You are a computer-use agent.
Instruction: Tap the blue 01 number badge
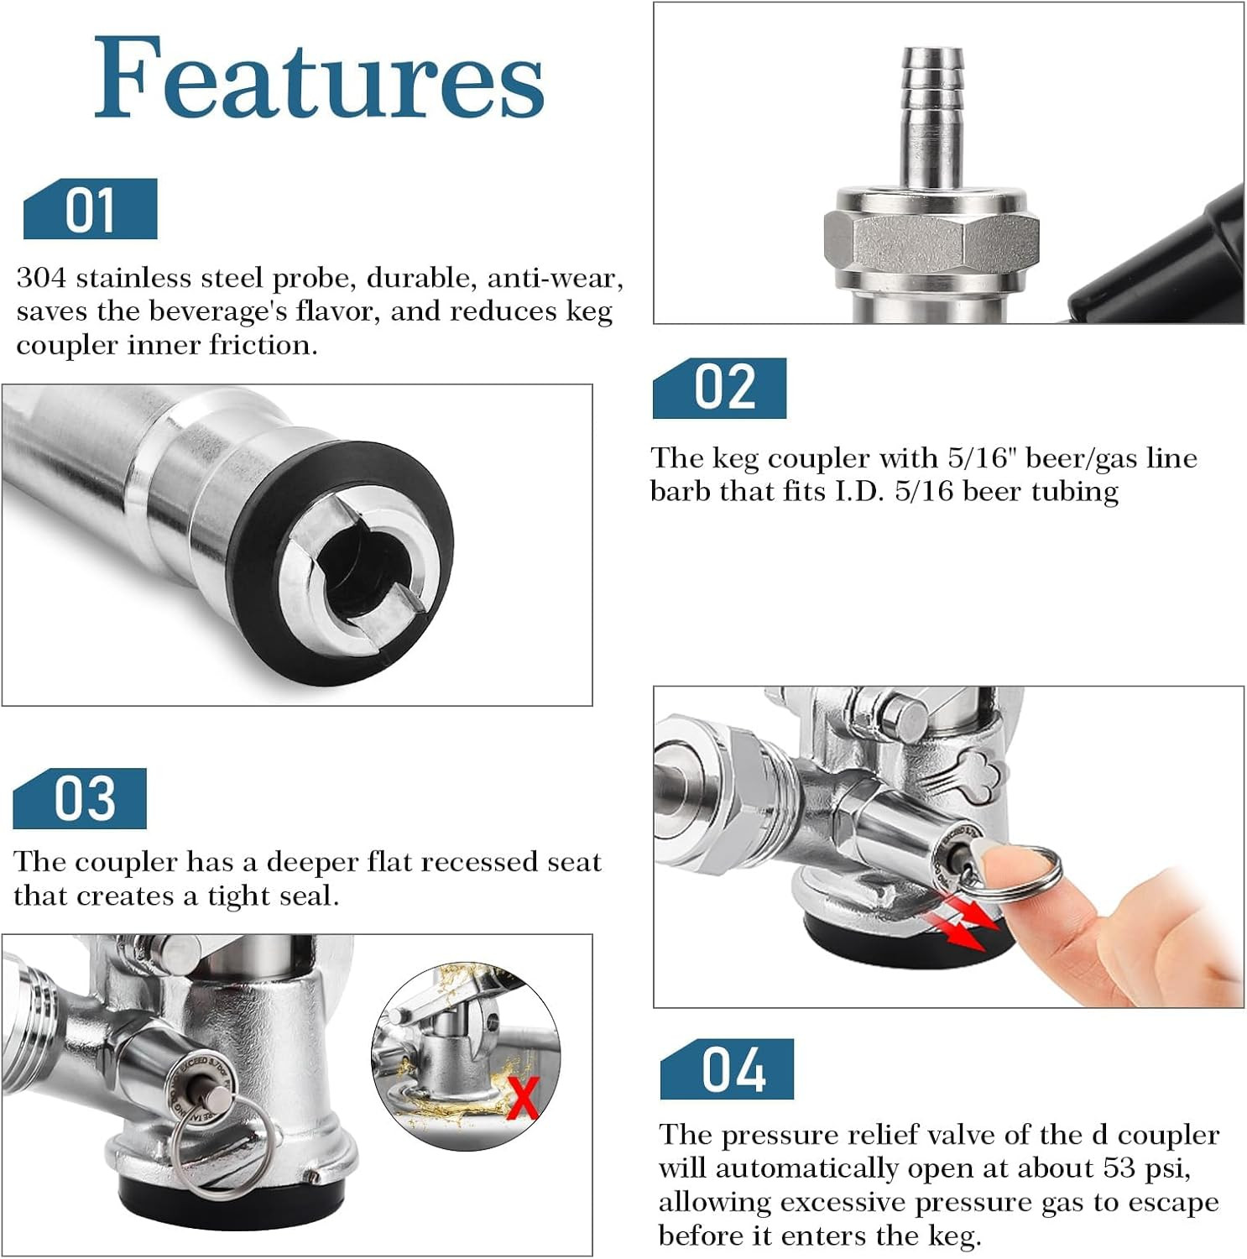click(90, 210)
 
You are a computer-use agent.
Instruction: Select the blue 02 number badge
click(719, 388)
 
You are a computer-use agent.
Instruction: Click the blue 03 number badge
click(80, 798)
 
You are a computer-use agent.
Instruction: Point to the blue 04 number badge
click(727, 1069)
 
